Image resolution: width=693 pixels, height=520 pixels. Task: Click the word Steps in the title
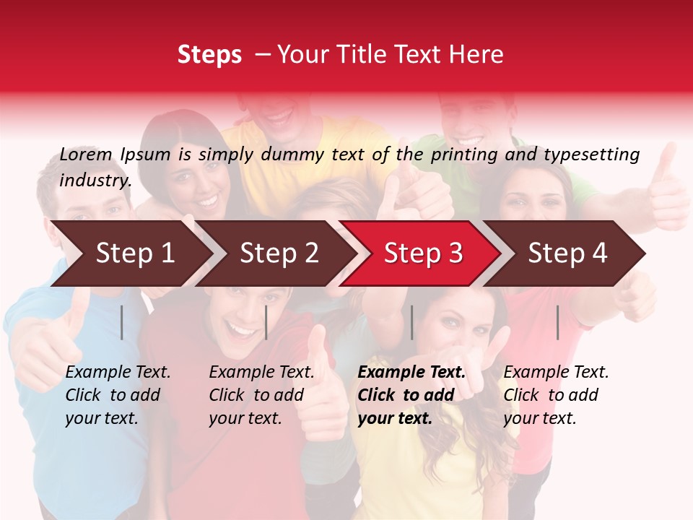209,55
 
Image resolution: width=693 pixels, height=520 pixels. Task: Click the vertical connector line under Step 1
122,322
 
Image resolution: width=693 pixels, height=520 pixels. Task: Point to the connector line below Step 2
266,322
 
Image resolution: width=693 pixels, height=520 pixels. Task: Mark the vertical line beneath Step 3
411,322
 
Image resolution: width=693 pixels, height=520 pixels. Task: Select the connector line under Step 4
557,322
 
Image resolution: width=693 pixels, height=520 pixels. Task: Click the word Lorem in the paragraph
86,155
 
